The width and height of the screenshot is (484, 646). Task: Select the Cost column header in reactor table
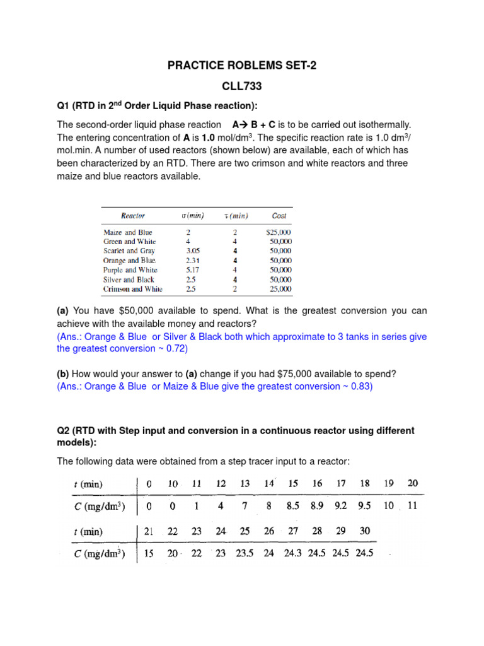(x=279, y=216)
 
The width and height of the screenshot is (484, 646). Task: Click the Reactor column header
(x=133, y=216)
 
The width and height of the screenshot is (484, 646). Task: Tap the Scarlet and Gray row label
(x=129, y=251)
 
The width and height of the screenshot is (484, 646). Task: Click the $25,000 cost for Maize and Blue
(x=279, y=232)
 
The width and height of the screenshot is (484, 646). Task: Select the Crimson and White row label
(x=133, y=289)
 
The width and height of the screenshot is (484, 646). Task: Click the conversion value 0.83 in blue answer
(x=362, y=386)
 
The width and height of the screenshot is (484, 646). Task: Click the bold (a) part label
(x=62, y=311)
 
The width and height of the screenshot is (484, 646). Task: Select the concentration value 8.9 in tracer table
(x=317, y=506)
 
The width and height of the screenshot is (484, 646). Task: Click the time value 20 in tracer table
(x=412, y=483)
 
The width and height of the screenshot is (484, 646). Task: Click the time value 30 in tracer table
(x=365, y=531)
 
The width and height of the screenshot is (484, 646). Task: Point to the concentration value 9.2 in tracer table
(x=341, y=506)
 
